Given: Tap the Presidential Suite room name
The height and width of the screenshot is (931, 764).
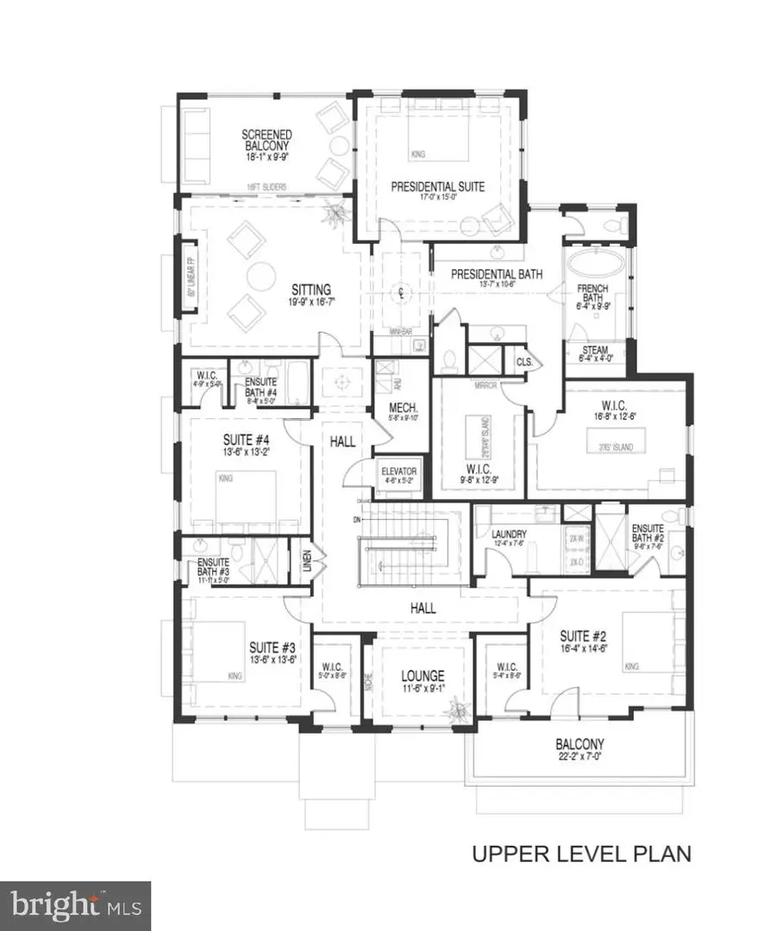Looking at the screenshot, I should pos(437,186).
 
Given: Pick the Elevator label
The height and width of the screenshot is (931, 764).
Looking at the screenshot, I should pos(400,472).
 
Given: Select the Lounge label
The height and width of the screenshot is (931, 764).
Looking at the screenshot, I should pos(423,677).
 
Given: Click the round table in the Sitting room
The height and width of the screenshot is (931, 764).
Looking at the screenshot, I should pos(258,276).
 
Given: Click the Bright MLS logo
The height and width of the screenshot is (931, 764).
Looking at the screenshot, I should pos(75,905).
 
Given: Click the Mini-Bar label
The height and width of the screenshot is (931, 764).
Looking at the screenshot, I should pos(398,341).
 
